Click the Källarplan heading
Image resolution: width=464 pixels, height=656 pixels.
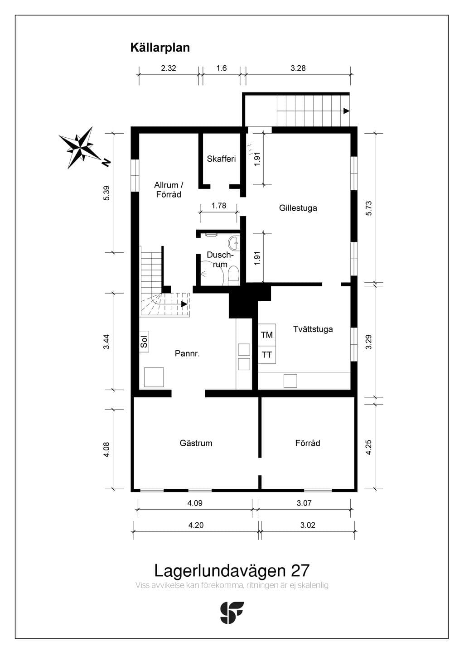point(160,48)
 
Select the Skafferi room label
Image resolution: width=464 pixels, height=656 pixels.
point(221,159)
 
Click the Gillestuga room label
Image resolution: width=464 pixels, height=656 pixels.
point(298,208)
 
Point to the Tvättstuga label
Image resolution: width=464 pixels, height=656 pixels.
point(313,329)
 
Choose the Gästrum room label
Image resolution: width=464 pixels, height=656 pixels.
point(196,443)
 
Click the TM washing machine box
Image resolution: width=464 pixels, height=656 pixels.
point(266,334)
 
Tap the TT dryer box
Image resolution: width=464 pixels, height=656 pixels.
point(266,355)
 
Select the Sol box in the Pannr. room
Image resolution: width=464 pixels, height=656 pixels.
point(144,341)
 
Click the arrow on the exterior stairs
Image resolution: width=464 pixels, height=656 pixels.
point(347,111)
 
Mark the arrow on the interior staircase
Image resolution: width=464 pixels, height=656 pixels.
point(184,304)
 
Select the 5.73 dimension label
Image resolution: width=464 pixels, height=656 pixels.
point(369,208)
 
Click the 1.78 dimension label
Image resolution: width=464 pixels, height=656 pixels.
point(219,206)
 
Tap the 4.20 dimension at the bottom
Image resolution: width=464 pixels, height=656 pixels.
point(196,525)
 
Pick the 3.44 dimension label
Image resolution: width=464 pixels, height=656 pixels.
point(106,342)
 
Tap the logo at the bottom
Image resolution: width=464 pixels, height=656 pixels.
point(232,613)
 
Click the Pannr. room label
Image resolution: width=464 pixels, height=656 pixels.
point(187,353)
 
